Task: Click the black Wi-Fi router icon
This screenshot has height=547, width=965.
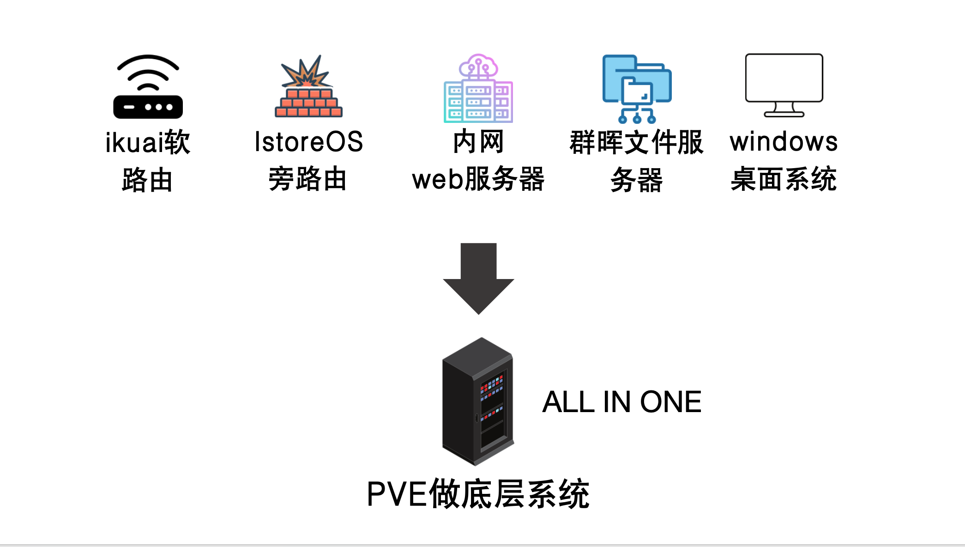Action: coord(148,88)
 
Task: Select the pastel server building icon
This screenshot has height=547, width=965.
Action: coord(478,92)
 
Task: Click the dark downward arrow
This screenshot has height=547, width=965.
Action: coord(478,277)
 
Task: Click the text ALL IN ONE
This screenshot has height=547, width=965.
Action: coord(621,402)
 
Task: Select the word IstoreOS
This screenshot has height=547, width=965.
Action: coord(308,142)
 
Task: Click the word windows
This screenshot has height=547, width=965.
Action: coord(784,142)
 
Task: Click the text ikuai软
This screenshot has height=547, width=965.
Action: coord(148,142)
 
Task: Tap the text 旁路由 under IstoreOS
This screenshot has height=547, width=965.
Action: coord(308,179)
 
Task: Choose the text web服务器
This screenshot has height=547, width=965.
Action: coord(478,179)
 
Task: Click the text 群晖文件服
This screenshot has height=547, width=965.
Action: coord(636,142)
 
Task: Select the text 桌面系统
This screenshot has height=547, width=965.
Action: coord(784,179)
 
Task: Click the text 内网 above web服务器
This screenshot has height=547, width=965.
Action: coord(478,142)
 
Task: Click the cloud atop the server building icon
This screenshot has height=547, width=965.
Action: coord(478,66)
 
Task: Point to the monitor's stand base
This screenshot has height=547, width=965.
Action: coord(784,114)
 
